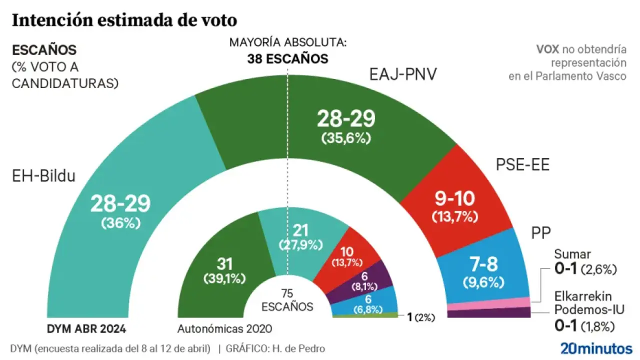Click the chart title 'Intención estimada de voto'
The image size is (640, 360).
coord(124,20)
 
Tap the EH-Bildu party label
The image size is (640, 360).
coord(43,176)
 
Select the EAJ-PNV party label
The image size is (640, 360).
coord(403,75)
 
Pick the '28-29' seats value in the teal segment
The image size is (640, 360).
coord(120,204)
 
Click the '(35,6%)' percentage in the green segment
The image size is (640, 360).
coord(346,139)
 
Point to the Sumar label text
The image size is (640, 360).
coord(572,254)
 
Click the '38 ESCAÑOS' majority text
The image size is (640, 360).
coord(287,59)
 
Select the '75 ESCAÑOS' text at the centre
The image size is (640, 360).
coord(287,300)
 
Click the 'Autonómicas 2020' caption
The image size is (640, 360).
coord(224,328)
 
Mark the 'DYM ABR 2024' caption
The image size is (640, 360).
coord(86,328)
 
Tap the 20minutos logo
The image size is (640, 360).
coord(596,348)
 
